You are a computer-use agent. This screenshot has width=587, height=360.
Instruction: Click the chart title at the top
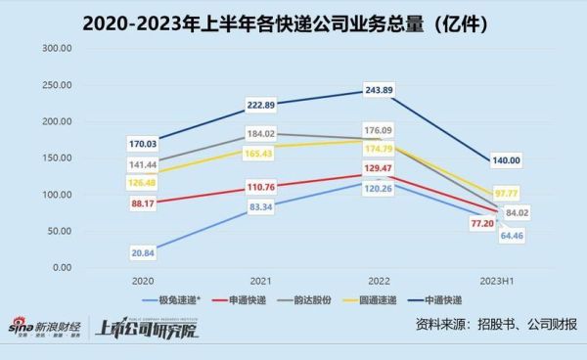(293, 20)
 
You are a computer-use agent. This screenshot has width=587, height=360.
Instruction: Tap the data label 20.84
(144, 252)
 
